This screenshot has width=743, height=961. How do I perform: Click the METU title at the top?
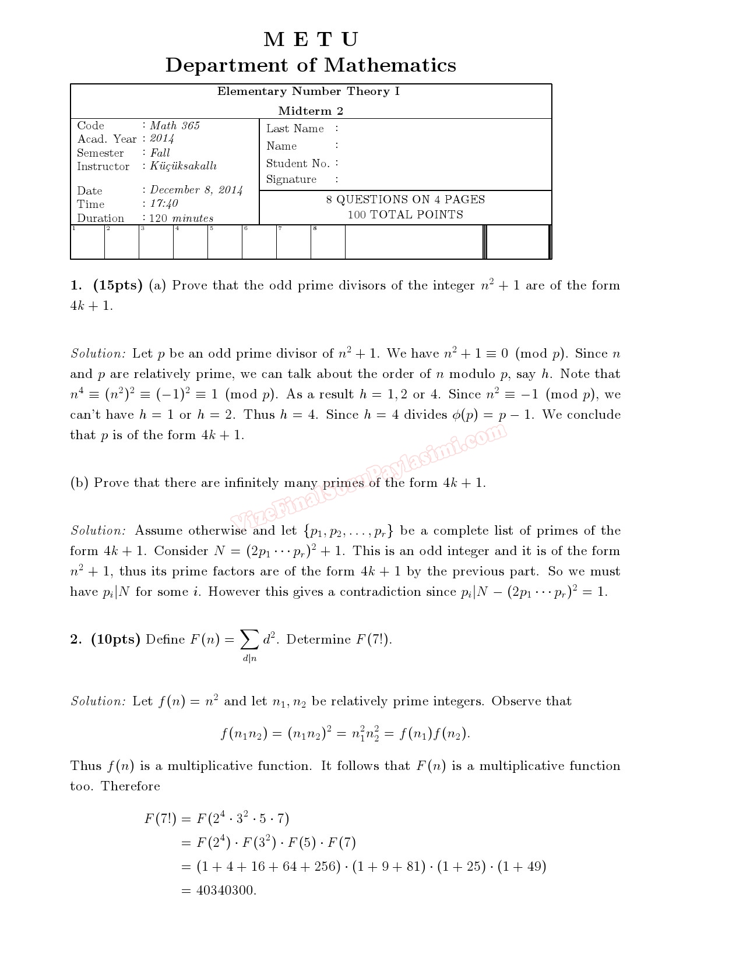[x=311, y=40]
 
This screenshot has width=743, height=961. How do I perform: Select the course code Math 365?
[x=175, y=126]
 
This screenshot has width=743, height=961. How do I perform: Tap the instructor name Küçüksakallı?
[x=184, y=166]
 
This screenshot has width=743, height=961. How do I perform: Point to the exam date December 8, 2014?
[x=196, y=190]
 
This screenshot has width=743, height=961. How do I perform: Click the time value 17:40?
[x=164, y=203]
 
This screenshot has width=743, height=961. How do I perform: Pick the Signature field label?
[x=291, y=179]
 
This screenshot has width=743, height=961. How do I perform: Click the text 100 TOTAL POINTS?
[x=406, y=214]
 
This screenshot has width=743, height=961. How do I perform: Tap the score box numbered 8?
[x=328, y=242]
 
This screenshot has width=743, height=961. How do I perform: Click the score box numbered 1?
[x=87, y=242]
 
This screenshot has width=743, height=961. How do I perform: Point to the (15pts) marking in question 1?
[x=118, y=285]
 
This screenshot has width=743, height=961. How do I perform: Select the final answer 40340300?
[x=226, y=891]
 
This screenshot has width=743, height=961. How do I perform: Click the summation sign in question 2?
[x=249, y=640]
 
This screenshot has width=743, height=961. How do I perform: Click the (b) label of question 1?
[x=79, y=483]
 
